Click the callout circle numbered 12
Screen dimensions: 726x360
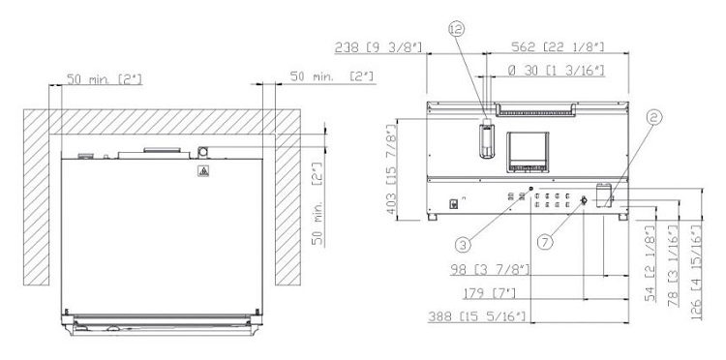(456, 29)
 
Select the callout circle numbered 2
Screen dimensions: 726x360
(653, 117)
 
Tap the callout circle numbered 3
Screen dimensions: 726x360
(463, 244)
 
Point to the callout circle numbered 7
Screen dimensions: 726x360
(545, 242)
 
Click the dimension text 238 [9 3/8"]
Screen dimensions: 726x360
(378, 46)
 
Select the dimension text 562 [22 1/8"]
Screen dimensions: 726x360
(558, 46)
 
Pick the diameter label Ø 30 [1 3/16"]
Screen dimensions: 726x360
(556, 71)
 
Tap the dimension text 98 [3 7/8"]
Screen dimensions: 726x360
(490, 270)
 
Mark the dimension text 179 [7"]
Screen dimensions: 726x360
(489, 293)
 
